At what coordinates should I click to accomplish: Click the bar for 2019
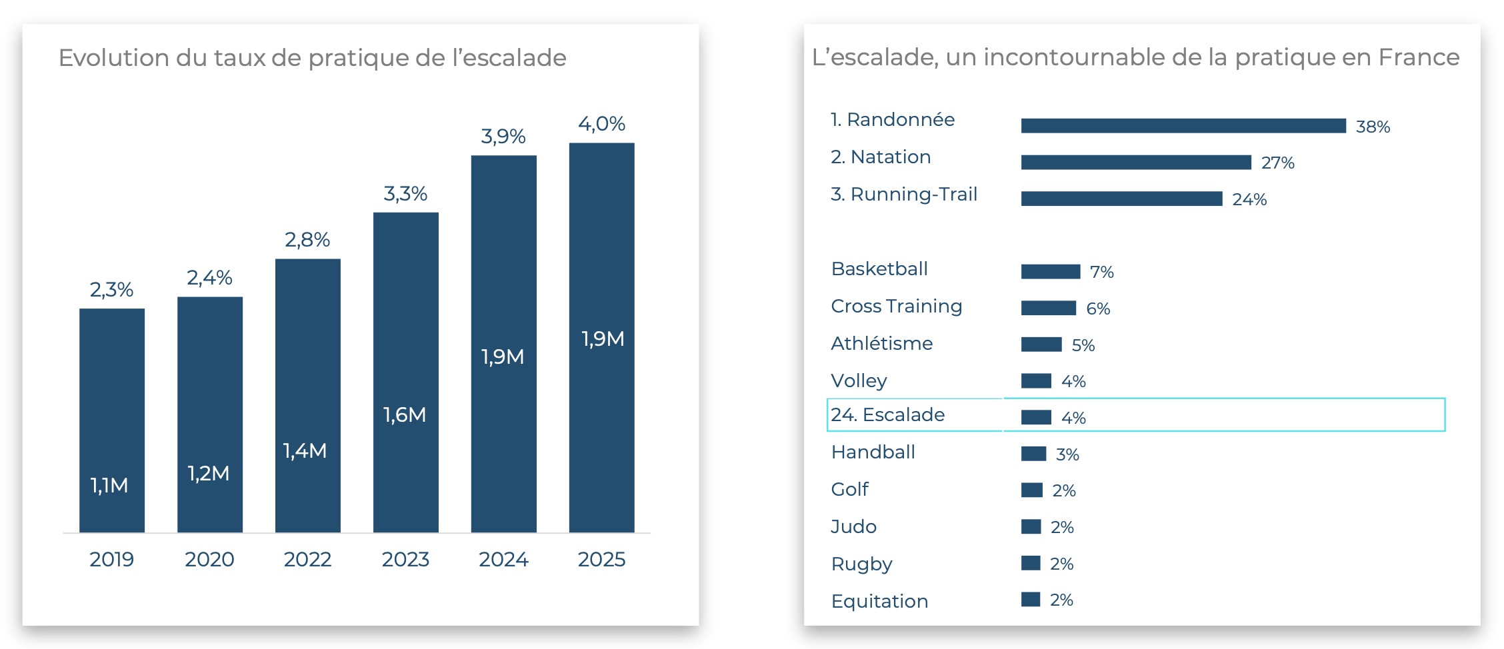click(x=112, y=420)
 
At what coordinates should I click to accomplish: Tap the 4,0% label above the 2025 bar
click(x=601, y=124)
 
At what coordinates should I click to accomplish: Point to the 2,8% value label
click(x=307, y=240)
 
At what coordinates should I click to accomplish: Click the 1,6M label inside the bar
click(x=405, y=415)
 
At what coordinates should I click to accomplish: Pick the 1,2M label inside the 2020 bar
click(x=209, y=474)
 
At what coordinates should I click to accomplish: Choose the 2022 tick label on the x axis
click(x=307, y=559)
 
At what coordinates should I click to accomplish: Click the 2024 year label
click(x=503, y=559)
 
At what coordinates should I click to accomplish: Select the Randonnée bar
click(x=1183, y=126)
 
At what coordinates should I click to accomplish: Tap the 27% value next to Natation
click(x=1277, y=163)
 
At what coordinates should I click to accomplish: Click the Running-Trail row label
click(x=904, y=195)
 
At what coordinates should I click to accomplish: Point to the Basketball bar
click(x=1050, y=271)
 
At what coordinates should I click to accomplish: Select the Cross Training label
click(x=896, y=307)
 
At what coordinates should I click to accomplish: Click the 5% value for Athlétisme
click(x=1083, y=345)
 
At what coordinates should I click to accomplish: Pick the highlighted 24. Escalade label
click(x=887, y=415)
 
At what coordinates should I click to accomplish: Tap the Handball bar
click(x=1033, y=454)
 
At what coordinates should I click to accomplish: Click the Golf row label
click(x=849, y=490)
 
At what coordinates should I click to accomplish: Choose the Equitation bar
click(x=1030, y=600)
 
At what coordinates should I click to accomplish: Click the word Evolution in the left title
click(x=113, y=58)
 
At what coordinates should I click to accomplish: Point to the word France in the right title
click(x=1419, y=57)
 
